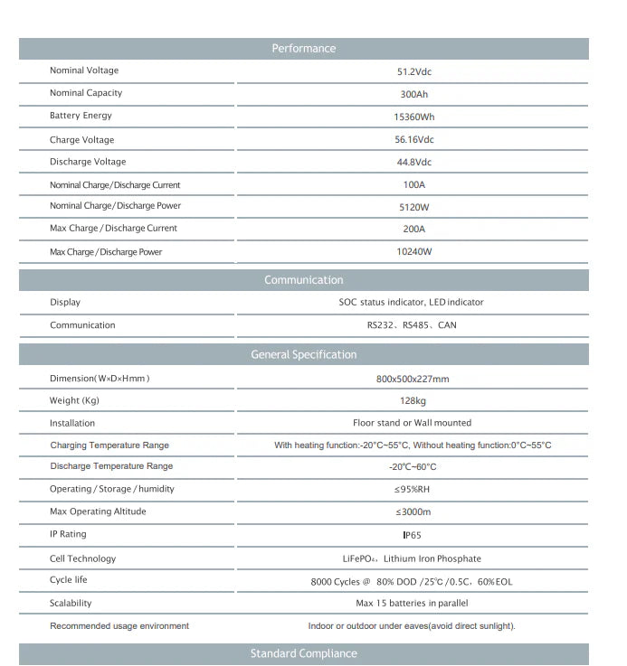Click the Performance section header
point(303,49)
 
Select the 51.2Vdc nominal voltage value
point(413,71)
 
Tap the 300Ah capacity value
point(413,94)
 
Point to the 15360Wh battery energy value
point(413,117)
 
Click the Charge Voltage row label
point(81,140)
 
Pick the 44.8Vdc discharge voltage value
point(413,163)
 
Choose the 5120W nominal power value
point(413,207)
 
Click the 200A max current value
point(413,230)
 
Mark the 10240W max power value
point(413,252)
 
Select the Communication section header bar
point(303,280)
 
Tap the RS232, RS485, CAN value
point(412,325)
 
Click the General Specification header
point(303,355)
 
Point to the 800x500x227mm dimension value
point(412,379)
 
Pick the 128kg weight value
point(413,401)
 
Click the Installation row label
point(72,423)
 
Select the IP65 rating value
point(413,535)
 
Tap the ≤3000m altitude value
point(413,512)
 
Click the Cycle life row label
point(69,580)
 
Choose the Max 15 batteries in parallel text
point(412,604)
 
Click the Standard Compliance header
point(303,654)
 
